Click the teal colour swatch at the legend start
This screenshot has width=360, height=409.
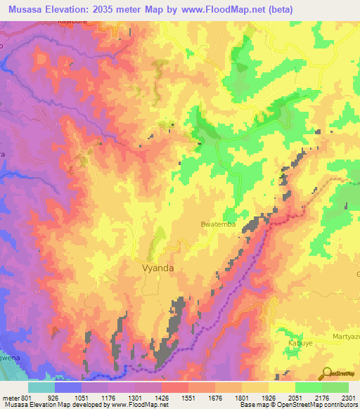tap(41, 387)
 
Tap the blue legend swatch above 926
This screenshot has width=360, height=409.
tap(68, 387)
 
